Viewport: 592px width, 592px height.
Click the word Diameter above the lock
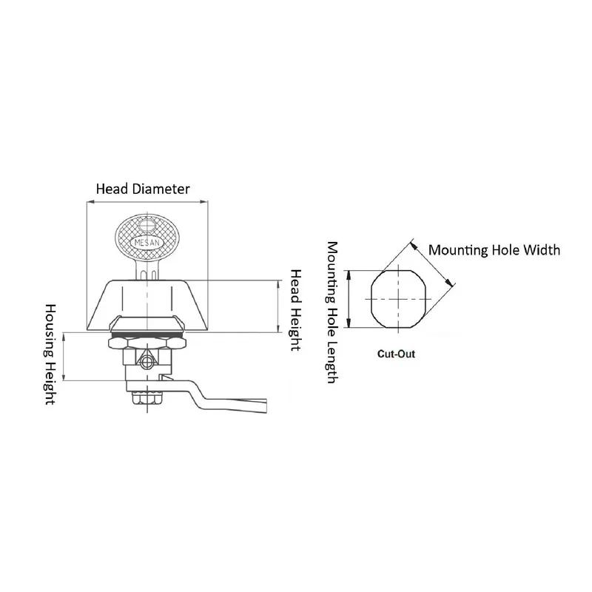click(162, 189)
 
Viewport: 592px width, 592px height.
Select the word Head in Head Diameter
click(113, 189)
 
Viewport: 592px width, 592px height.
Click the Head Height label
click(294, 309)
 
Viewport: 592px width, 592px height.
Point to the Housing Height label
click(51, 354)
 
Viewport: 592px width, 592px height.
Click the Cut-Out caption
click(397, 354)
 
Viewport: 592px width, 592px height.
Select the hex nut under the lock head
click(147, 345)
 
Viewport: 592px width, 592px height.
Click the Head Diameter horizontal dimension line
click(147, 202)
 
